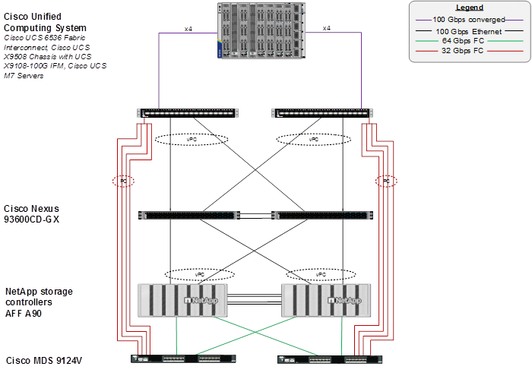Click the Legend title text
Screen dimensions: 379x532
tap(469, 8)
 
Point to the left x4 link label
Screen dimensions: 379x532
tap(188, 28)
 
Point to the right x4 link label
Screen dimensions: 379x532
tap(327, 28)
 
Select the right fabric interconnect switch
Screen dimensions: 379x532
tap(322, 114)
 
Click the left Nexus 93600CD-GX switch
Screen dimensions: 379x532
tap(187, 216)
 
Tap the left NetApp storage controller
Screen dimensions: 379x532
tap(181, 300)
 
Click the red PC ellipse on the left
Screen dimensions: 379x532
tap(122, 182)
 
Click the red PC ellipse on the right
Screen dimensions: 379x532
tap(387, 182)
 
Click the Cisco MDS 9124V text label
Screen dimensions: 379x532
tap(43, 360)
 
